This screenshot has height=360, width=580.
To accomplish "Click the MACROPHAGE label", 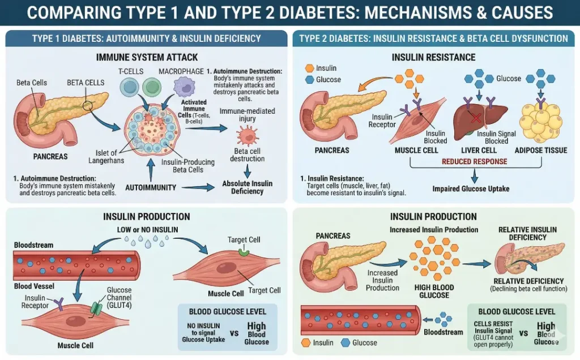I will tap(181, 71).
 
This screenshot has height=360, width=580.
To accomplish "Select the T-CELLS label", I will tap(131, 71).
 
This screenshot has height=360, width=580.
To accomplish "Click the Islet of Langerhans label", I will tap(106, 156).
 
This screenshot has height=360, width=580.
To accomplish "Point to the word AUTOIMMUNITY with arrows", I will tap(151, 187).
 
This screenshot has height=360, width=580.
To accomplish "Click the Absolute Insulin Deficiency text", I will tap(247, 187).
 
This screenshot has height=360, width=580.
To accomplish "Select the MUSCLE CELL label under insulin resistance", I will tap(416, 151).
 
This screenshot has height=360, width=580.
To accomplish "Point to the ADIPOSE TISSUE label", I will tap(540, 151).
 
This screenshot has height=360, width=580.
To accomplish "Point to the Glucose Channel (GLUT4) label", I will tap(119, 294).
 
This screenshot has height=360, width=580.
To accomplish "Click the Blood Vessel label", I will tap(31, 286).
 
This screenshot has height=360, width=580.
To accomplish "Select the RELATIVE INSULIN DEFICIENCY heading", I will tap(527, 233).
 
